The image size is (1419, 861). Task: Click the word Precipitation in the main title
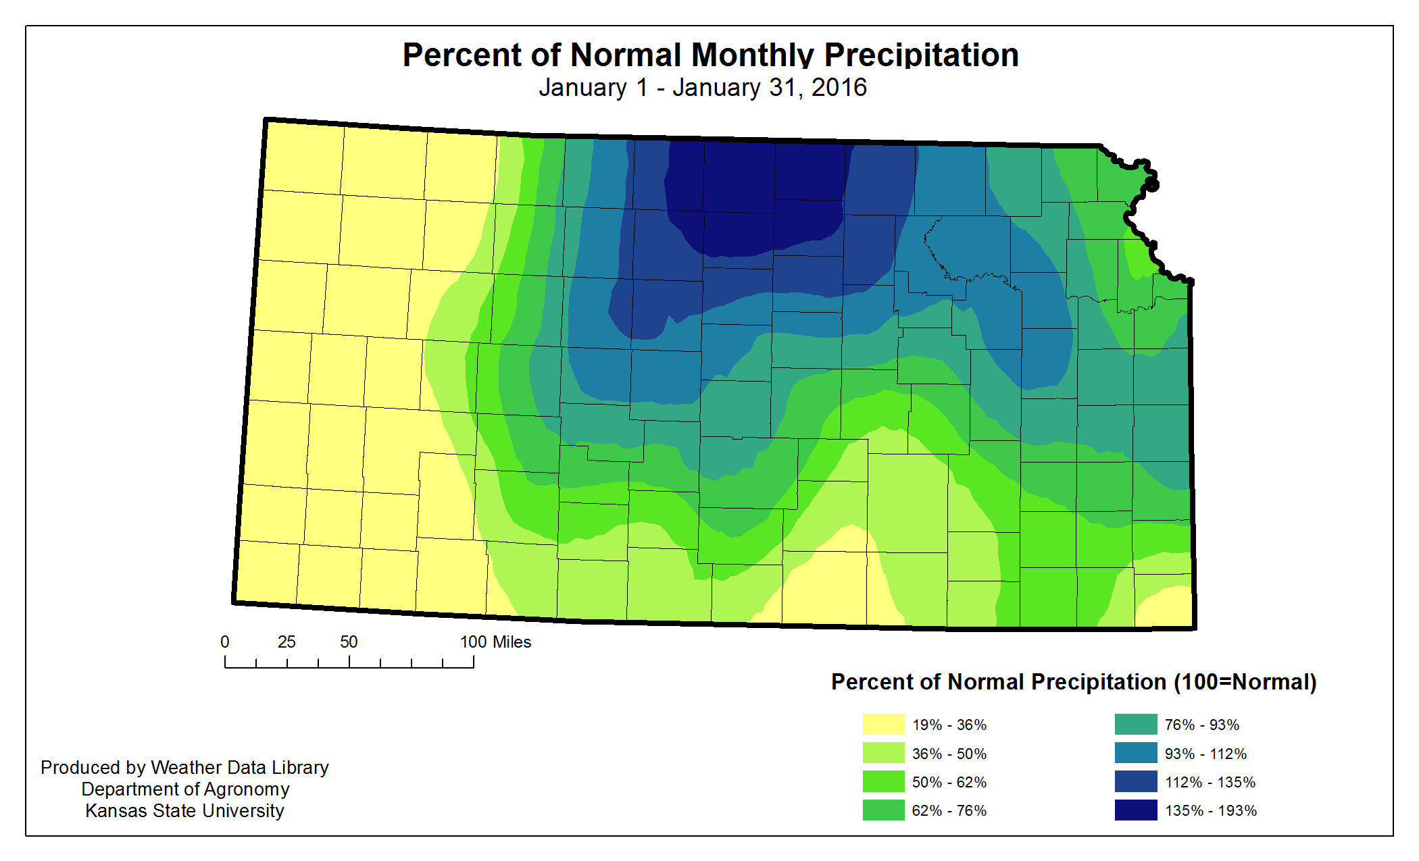(x=921, y=55)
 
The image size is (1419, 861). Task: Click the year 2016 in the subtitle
(x=839, y=88)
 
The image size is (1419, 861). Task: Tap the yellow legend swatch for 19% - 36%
(x=883, y=725)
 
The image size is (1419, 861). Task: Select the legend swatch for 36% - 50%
(x=883, y=753)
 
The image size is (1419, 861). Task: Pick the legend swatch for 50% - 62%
(x=883, y=782)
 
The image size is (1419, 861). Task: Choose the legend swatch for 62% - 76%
(x=883, y=810)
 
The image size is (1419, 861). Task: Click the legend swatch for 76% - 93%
(x=1136, y=725)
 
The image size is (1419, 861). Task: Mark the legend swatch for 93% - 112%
(x=1136, y=753)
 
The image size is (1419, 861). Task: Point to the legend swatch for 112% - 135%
(x=1136, y=782)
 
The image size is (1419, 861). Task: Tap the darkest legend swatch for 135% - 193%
(x=1136, y=810)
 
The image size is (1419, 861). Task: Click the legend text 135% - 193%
(x=1210, y=811)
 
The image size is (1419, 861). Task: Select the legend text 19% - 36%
(x=949, y=725)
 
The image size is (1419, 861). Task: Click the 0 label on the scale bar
(x=225, y=642)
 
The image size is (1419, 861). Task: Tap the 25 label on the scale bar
(x=287, y=642)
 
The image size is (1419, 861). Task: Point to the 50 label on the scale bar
(x=349, y=642)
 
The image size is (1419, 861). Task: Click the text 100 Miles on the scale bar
(x=495, y=642)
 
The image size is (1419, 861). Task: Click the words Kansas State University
(x=184, y=811)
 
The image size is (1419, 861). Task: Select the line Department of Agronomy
(x=185, y=789)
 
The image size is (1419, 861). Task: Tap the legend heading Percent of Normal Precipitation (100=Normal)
(x=1074, y=682)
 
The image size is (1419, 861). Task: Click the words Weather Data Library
(x=239, y=768)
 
